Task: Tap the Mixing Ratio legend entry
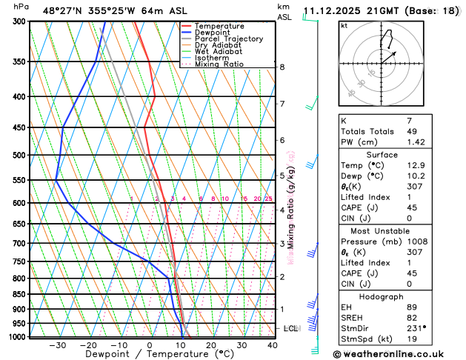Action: coord(219,64)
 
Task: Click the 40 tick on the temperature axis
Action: coord(273,345)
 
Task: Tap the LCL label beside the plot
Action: coord(291,328)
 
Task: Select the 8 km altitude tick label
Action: coord(282,67)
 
